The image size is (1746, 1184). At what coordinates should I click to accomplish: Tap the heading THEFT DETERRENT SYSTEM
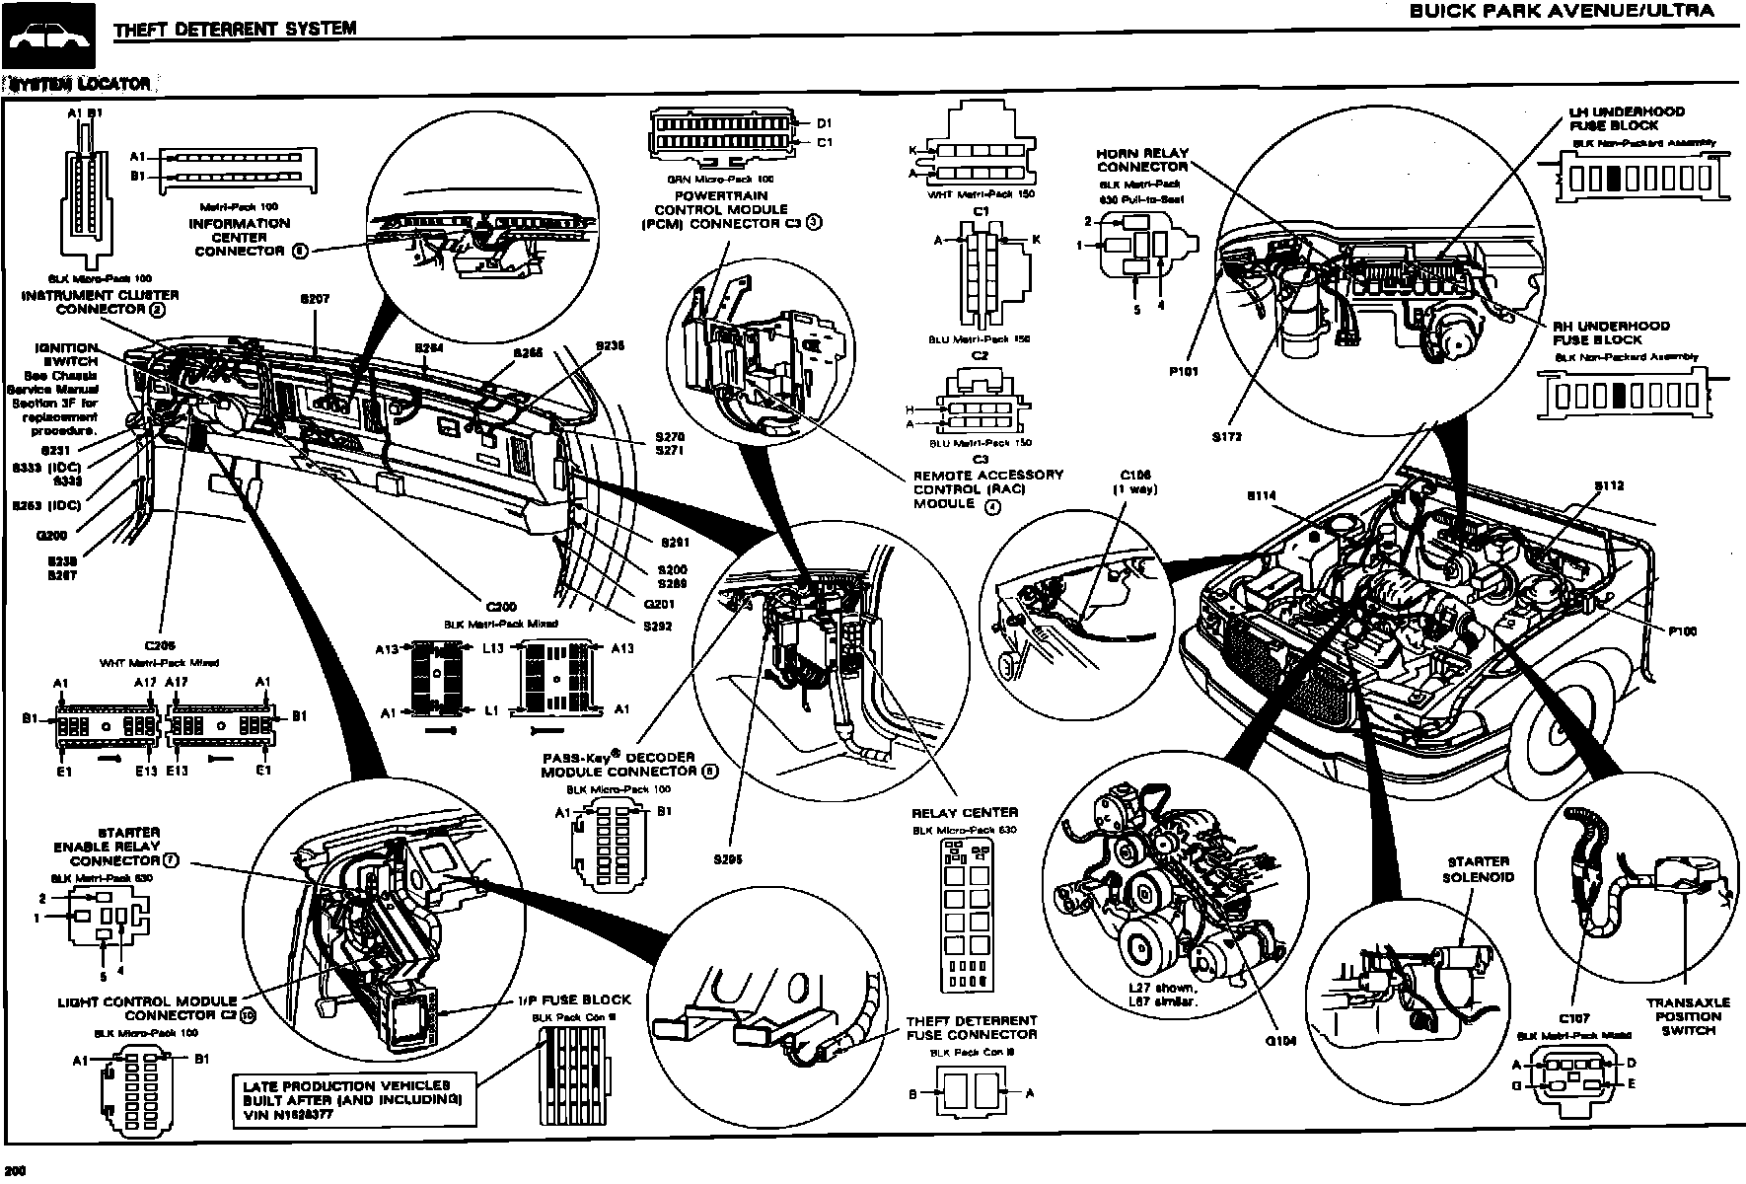click(x=235, y=29)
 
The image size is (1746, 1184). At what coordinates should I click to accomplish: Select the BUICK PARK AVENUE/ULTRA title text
click(x=1561, y=12)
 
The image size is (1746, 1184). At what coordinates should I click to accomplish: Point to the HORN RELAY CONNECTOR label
click(x=1142, y=160)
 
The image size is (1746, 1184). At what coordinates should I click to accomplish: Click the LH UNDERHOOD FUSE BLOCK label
click(x=1627, y=118)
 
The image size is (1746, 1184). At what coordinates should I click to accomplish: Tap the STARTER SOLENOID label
click(x=1478, y=869)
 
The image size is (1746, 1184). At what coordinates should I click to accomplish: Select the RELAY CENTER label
click(x=964, y=813)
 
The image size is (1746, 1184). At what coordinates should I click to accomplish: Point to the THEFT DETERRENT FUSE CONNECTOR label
click(x=972, y=1027)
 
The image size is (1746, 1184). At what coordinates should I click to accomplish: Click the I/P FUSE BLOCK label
click(x=573, y=999)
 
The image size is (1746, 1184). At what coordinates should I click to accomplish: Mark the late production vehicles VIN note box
click(x=354, y=1100)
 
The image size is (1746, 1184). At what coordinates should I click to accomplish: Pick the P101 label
click(x=1183, y=372)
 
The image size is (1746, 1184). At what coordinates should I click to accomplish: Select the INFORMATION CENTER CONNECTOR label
click(x=240, y=237)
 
